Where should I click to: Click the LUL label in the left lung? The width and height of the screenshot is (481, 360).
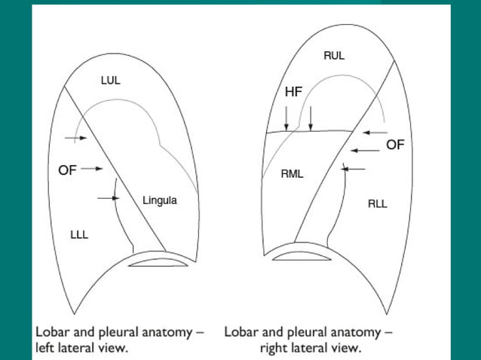tap(111, 80)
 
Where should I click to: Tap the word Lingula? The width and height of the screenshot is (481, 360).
tap(159, 200)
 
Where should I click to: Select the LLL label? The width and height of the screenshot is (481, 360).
tap(79, 235)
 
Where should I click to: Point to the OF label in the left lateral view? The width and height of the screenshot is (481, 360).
tap(67, 170)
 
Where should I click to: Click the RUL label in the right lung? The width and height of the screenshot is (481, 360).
tap(334, 56)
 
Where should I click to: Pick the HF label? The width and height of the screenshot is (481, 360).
tap(293, 92)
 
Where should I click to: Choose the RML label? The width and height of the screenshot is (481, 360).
tap(292, 174)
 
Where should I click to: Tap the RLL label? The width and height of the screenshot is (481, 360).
tap(377, 203)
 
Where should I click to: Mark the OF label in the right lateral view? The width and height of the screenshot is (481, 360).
tap(395, 145)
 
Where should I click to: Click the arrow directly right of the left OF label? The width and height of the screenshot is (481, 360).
tap(92, 169)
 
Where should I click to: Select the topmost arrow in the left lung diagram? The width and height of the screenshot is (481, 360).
tap(76, 138)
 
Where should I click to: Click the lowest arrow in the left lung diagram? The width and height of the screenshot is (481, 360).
tap(109, 198)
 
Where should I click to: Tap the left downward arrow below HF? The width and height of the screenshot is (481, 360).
tap(286, 117)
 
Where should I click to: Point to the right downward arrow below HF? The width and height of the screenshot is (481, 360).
tap(311, 117)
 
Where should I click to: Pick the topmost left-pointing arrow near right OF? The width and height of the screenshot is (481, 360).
tap(374, 133)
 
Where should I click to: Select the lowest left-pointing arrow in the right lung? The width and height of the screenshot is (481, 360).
tap(354, 169)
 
